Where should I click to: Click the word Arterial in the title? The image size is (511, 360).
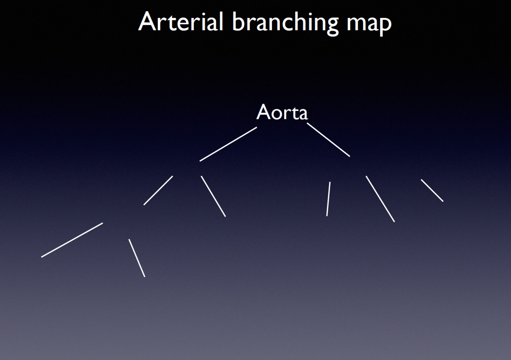coord(181,22)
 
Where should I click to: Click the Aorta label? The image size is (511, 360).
coord(282,112)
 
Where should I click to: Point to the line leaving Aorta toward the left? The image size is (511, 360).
coord(228,144)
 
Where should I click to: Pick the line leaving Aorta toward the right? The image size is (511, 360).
coord(328,140)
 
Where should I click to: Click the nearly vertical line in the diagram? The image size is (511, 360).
coord(328,199)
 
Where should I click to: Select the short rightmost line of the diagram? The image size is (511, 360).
coord(432,190)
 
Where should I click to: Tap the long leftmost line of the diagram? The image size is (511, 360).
coord(72,240)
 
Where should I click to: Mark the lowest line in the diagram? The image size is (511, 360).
coord(137,258)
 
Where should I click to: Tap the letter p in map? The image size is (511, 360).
coord(384,25)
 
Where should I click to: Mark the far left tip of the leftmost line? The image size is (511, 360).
coord(42,256)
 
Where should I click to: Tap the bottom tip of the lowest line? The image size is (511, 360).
coord(144,276)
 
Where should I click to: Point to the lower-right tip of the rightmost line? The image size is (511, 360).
coord(443,201)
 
